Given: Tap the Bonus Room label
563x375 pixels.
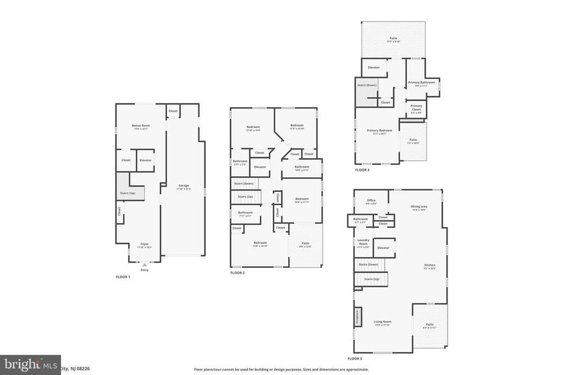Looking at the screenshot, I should click(x=141, y=126).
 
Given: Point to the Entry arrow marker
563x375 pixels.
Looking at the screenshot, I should click(x=144, y=265).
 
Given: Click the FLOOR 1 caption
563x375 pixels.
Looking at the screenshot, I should click(x=123, y=277).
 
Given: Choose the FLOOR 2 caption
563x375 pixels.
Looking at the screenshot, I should click(x=238, y=273).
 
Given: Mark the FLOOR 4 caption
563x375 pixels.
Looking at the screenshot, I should click(x=362, y=170).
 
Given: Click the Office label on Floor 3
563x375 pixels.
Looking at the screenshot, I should click(x=371, y=200).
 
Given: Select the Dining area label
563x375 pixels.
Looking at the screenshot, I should click(x=420, y=207).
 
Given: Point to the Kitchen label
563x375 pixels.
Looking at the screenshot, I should click(x=430, y=266).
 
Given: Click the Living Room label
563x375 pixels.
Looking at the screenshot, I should click(x=383, y=322).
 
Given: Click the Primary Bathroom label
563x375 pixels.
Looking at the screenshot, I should click(x=422, y=83).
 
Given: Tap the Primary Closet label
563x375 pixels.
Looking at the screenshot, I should click(x=416, y=107).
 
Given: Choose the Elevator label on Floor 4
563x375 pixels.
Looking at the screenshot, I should click(x=374, y=68).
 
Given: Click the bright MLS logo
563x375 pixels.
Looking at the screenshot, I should click(x=29, y=365).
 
